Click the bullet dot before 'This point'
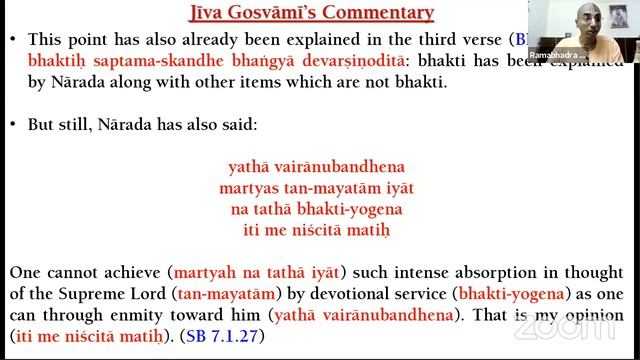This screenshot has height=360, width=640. point(10,41)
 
